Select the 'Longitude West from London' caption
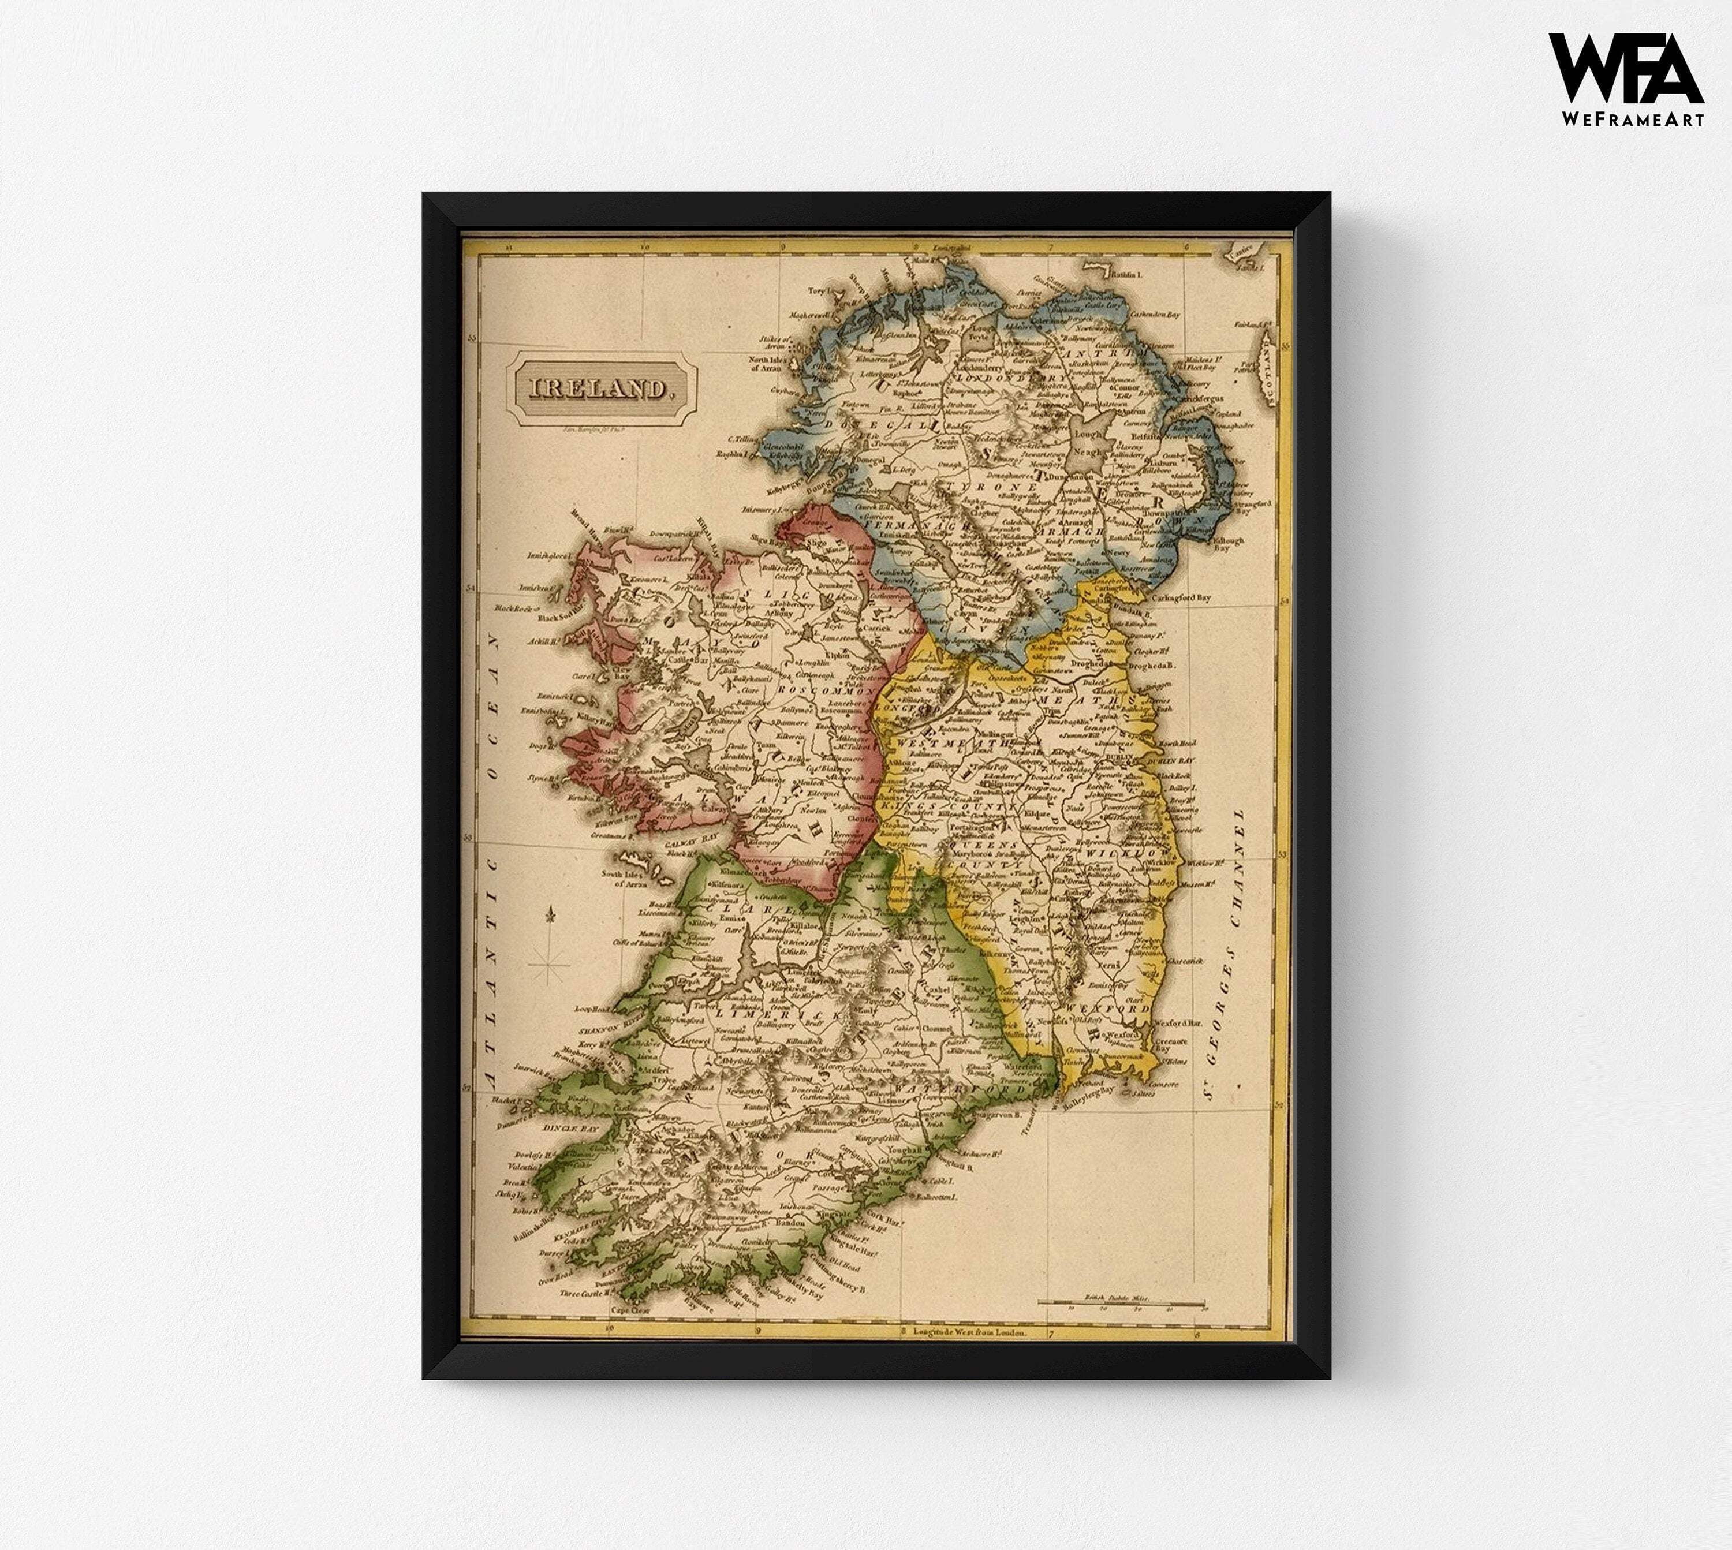[x=969, y=1330]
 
